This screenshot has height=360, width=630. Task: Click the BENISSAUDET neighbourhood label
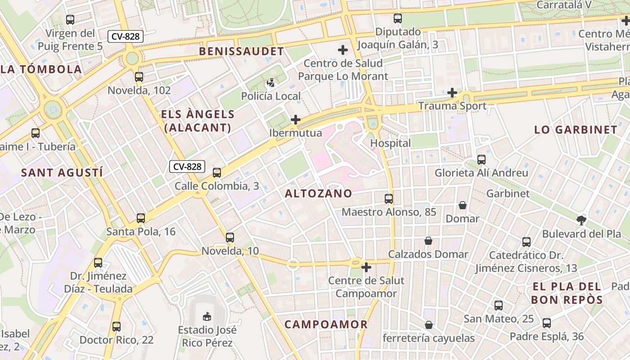(242, 51)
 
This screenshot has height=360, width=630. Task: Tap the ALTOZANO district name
(319, 193)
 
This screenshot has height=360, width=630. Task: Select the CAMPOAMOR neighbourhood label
(326, 324)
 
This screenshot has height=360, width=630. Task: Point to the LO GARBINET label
(576, 130)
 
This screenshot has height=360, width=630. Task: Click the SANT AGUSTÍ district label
(62, 172)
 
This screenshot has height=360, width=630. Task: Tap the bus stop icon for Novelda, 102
(139, 76)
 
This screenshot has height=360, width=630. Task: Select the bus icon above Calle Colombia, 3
(217, 172)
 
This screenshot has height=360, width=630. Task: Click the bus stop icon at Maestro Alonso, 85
(389, 198)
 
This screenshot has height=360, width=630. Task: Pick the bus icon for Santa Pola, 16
(141, 218)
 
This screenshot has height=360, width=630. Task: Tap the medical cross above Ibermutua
(296, 120)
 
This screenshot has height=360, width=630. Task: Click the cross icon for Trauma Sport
(452, 93)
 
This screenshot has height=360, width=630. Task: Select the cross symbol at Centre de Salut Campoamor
(366, 267)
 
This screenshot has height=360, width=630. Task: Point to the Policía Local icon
(271, 83)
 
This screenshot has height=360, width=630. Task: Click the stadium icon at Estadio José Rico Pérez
(207, 316)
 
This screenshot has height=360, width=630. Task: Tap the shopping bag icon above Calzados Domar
(428, 241)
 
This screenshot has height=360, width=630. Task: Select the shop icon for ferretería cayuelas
(429, 325)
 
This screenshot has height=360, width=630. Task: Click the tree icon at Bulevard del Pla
(581, 220)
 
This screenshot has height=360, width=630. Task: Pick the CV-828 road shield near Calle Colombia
(187, 166)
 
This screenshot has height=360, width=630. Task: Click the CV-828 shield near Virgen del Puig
(126, 36)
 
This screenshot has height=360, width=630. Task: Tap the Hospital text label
(390, 143)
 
